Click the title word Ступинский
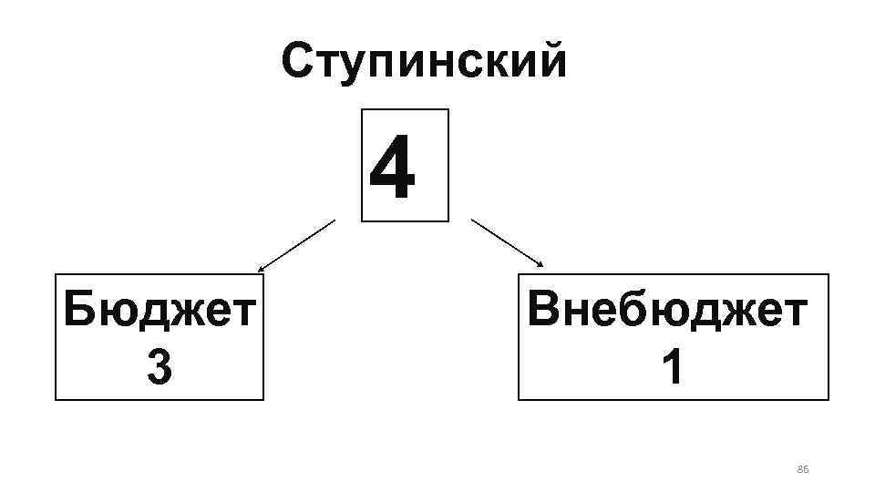424,62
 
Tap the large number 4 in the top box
393,168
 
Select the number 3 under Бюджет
159,368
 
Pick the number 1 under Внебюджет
672,368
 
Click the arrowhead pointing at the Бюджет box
261,270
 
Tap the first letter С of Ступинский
299,62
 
